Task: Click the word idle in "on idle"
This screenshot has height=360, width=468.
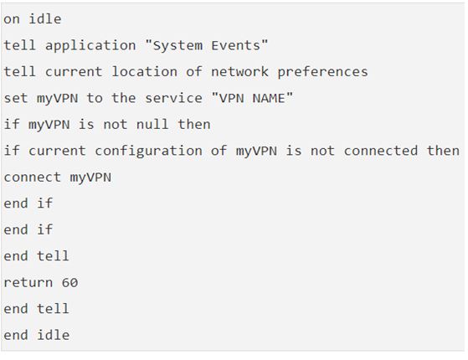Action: click(45, 19)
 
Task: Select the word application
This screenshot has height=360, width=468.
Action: click(90, 46)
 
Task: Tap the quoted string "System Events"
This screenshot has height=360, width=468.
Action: click(206, 46)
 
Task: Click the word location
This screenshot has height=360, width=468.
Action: click(145, 72)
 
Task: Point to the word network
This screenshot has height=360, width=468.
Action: click(239, 72)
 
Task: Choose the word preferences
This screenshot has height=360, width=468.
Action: click(322, 73)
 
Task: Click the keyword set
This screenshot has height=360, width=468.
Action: click(16, 98)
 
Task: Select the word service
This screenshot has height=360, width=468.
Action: click(173, 98)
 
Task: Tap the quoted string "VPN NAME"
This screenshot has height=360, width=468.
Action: click(252, 98)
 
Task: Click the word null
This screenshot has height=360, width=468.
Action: click(152, 124)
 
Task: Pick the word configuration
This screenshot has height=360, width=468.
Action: click(149, 152)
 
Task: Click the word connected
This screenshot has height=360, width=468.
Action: click(381, 151)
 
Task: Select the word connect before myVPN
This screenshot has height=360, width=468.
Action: click(33, 177)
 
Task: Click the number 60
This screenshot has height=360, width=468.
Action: click(69, 282)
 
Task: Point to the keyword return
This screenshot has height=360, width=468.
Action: click(28, 282)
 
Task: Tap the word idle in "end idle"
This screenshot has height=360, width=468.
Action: click(53, 335)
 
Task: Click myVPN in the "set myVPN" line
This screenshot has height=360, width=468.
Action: click(57, 99)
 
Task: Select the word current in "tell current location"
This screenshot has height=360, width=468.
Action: click(74, 72)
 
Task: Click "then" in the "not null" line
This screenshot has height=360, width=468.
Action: click(194, 124)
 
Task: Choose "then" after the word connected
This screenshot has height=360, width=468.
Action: click(443, 151)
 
